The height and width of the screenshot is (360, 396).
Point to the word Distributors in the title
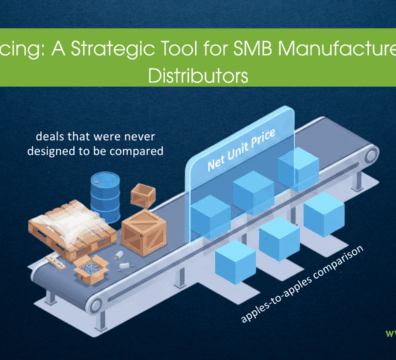click(x=196, y=74)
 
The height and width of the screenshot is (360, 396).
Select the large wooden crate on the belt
click(x=144, y=232)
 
